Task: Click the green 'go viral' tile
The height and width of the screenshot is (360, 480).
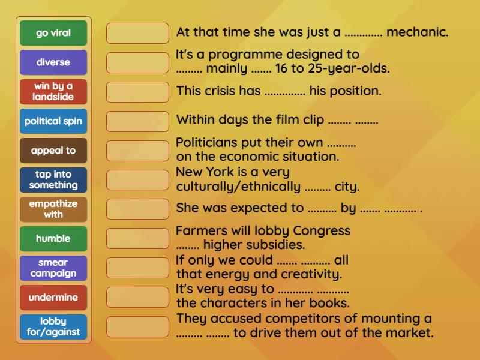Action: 53,33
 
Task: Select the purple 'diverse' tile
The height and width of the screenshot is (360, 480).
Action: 53,62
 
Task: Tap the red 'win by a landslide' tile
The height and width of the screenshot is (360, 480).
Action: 53,92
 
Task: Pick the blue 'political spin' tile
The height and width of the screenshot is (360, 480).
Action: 53,121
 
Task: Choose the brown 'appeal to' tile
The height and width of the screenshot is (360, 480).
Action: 53,151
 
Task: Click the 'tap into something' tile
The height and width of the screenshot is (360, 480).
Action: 53,180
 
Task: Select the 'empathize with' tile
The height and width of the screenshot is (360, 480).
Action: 53,209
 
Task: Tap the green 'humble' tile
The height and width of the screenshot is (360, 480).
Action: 53,239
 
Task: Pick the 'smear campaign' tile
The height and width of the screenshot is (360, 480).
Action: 53,268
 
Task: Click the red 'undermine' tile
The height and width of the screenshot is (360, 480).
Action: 53,298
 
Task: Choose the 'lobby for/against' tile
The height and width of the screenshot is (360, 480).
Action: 53,327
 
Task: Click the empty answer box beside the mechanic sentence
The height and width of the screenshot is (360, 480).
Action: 137,33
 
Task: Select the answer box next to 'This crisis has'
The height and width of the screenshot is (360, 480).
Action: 137,92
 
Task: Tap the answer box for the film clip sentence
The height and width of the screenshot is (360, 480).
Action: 137,121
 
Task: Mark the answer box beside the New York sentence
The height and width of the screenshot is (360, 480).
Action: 137,180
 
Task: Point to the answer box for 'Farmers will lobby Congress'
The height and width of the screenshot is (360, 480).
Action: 137,239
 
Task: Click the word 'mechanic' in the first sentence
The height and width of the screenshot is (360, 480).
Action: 417,32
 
